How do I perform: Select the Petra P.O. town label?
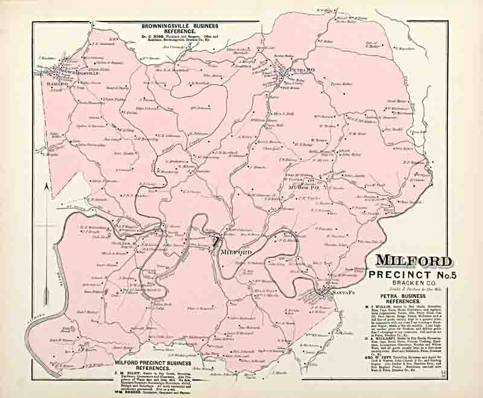click(302, 71)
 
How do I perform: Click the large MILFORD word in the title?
click(414, 261)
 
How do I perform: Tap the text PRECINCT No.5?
click(414, 276)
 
